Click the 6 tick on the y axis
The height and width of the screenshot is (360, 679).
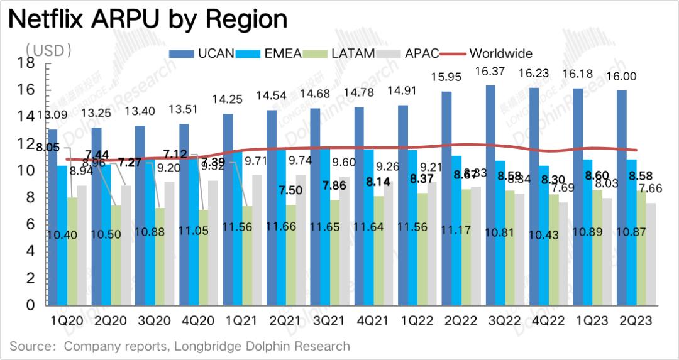pos(30,224)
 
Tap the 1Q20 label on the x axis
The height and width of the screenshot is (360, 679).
pos(67,320)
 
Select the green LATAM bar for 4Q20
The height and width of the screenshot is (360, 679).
pos(202,257)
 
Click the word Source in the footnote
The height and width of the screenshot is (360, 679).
pos(30,346)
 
